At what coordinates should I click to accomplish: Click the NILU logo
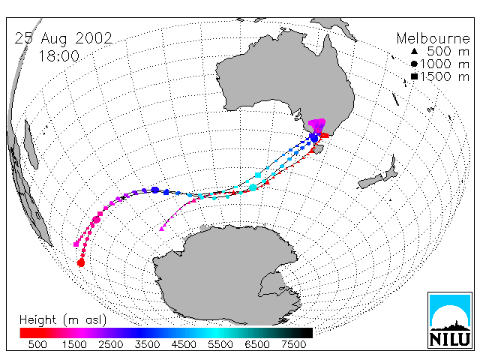tap(450, 320)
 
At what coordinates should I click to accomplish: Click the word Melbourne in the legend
tap(433, 38)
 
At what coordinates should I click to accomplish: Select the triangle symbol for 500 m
tap(414, 51)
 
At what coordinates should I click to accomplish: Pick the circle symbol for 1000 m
tap(414, 64)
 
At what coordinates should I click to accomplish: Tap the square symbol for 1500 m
tap(414, 76)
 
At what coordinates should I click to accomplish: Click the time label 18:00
tap(59, 56)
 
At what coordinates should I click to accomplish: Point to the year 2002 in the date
tap(93, 38)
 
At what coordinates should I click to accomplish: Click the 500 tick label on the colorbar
tap(37, 344)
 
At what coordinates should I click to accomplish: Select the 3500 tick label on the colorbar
tap(147, 344)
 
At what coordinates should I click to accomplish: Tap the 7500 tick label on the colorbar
tap(293, 344)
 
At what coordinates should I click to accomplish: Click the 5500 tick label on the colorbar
tap(220, 344)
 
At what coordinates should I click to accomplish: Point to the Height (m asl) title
tap(63, 320)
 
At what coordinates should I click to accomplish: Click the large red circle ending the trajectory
tap(81, 262)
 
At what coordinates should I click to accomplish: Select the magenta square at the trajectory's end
tap(76, 244)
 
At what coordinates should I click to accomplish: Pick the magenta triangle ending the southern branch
tap(162, 228)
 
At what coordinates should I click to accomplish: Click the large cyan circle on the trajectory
tap(253, 187)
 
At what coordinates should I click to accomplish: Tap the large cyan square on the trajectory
tap(258, 175)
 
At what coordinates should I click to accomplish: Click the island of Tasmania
tap(319, 149)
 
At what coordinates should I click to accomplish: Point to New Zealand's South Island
tap(370, 181)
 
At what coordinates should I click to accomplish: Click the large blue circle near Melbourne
tap(313, 138)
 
